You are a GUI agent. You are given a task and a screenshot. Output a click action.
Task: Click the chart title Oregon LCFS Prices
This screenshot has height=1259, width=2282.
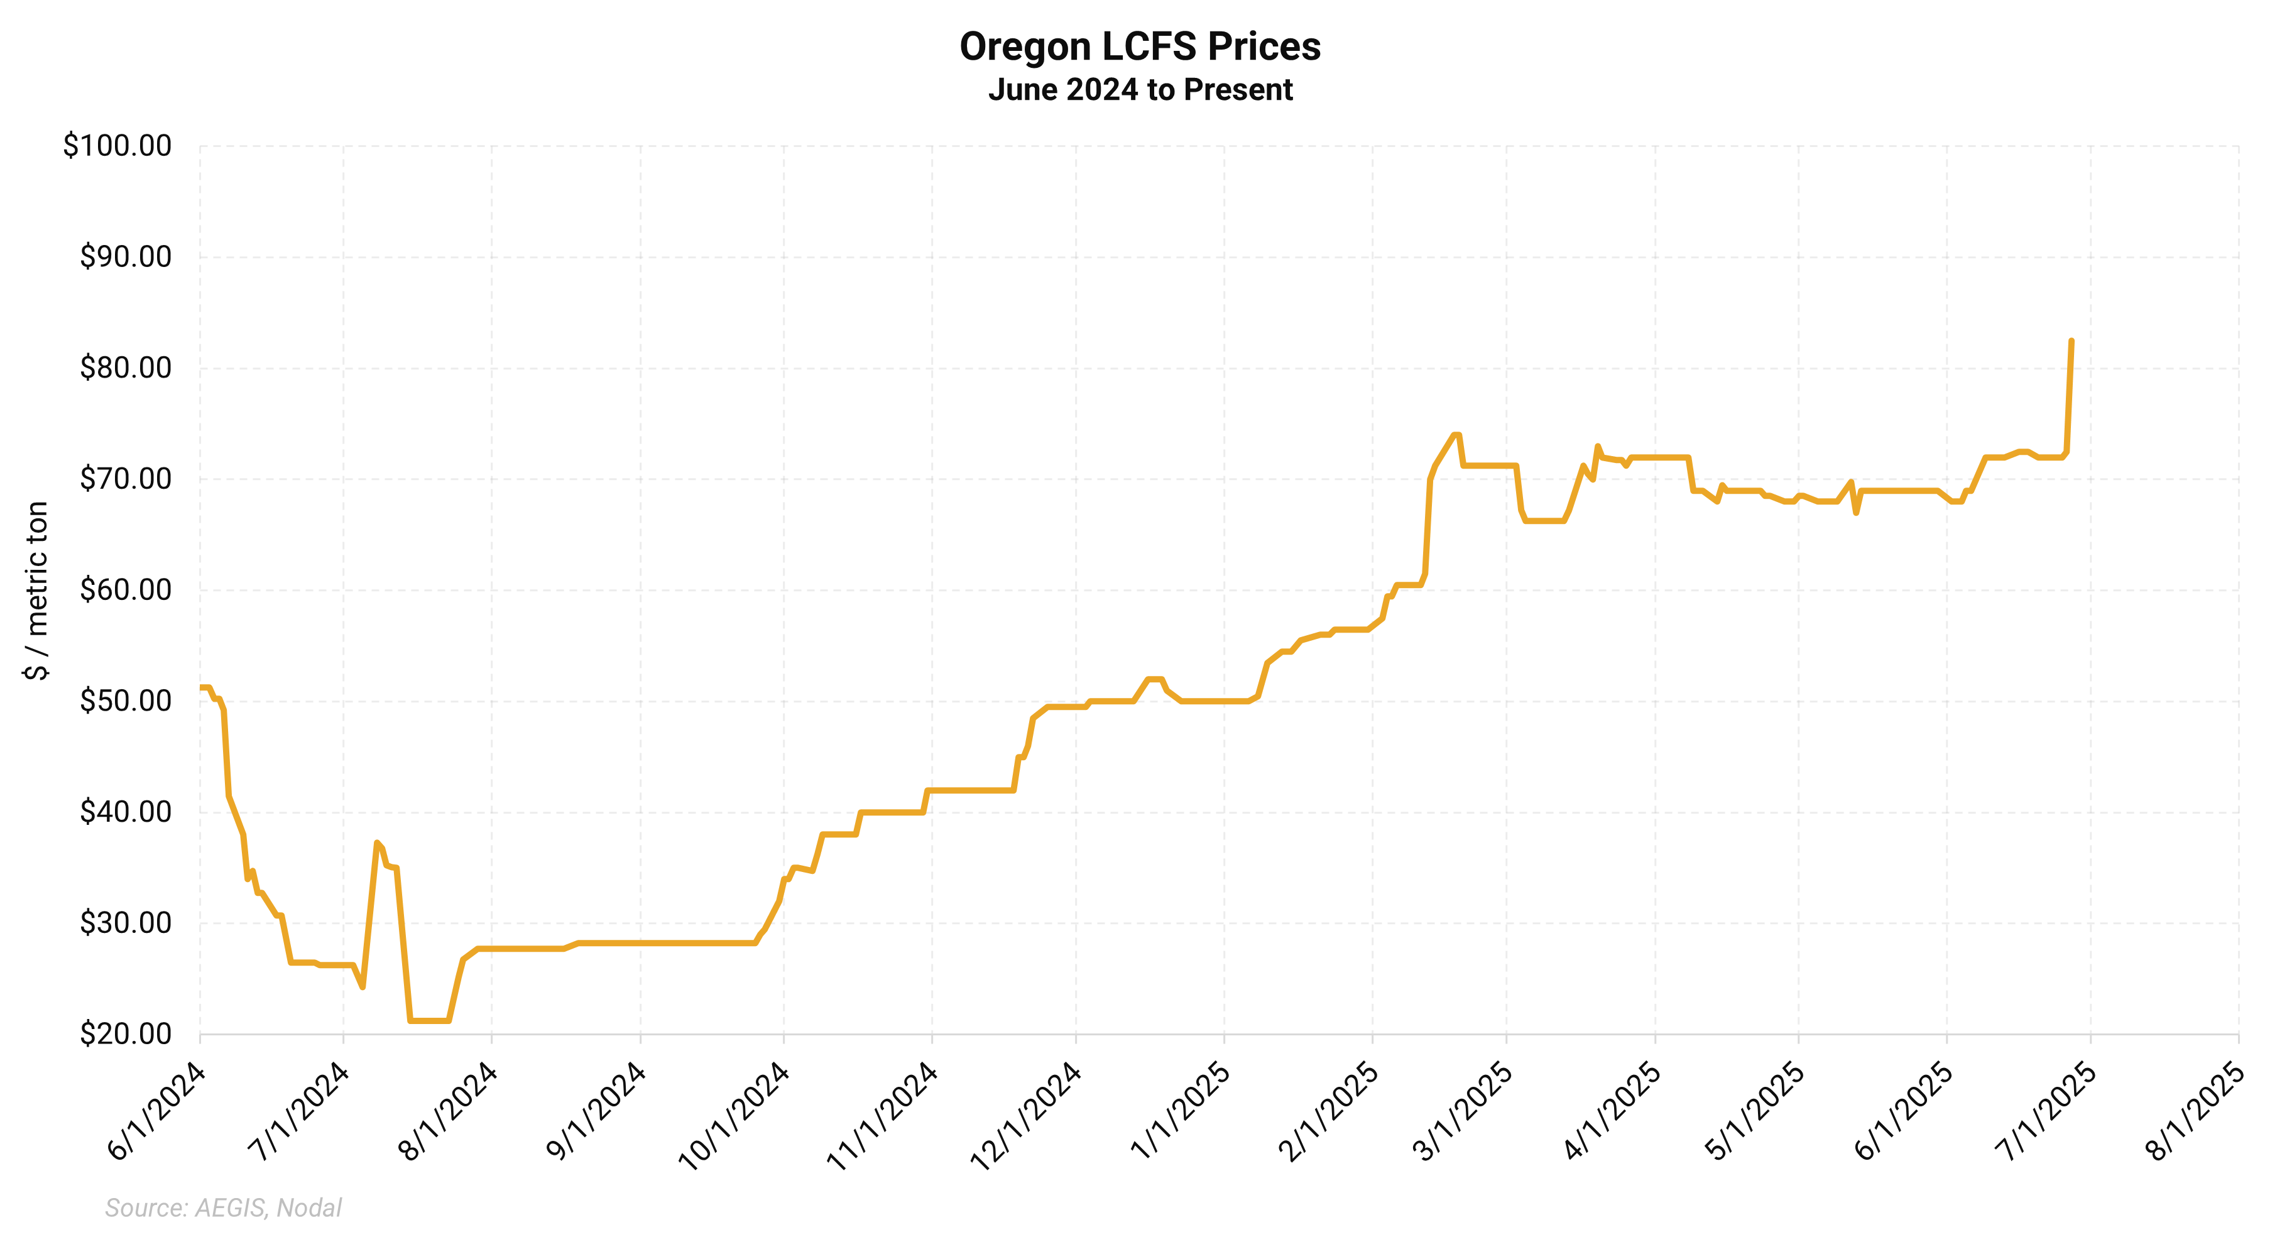[x=1140, y=47]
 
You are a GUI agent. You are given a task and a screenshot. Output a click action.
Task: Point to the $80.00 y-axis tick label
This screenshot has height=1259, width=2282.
[x=126, y=368]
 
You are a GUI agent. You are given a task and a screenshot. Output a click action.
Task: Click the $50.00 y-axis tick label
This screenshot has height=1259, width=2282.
[x=126, y=701]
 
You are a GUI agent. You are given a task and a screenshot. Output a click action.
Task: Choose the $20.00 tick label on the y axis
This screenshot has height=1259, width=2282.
[x=126, y=1034]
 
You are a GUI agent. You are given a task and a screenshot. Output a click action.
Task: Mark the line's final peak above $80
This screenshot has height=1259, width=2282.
[x=2070, y=341]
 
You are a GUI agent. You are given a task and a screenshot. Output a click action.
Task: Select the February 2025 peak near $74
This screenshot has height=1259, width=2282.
[x=1456, y=435]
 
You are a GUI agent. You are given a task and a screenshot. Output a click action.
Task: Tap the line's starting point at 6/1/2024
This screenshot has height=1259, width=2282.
[x=201, y=687]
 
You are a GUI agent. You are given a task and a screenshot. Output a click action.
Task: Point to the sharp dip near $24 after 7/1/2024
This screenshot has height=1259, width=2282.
[x=363, y=987]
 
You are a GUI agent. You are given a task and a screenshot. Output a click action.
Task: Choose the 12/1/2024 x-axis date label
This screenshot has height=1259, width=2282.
[x=1026, y=1116]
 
